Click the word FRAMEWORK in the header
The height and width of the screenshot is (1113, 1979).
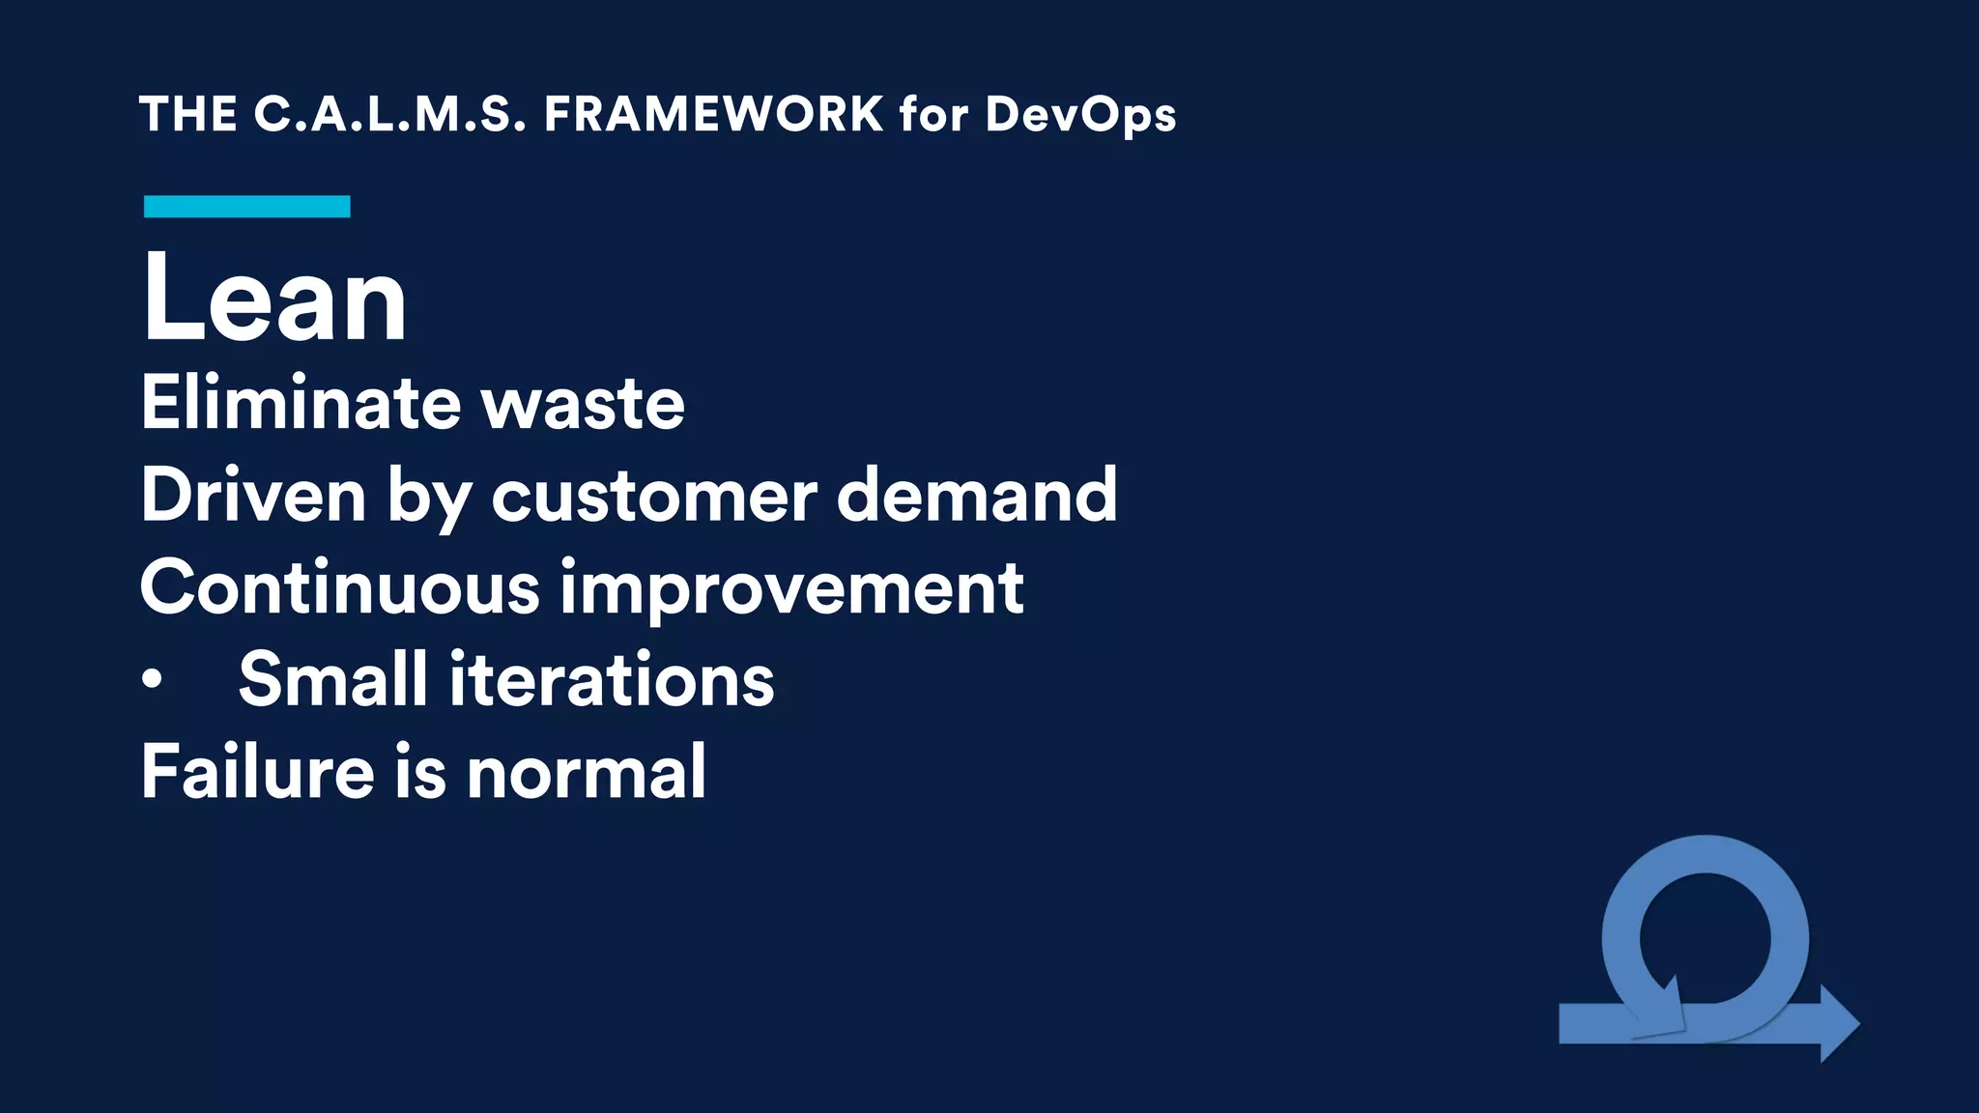(713, 114)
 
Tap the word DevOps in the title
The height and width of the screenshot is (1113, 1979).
(1080, 116)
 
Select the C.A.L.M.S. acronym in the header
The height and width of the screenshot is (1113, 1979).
(390, 114)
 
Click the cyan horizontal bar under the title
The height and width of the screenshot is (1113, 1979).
(246, 206)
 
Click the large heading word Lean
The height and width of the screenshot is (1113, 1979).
(274, 299)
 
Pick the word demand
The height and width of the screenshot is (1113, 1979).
(976, 495)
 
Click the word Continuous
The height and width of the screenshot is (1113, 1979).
(339, 587)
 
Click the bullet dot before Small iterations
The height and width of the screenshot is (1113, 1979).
(152, 680)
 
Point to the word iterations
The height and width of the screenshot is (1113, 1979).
(612, 680)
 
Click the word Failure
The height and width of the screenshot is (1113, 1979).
(257, 772)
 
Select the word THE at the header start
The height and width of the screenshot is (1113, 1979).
(188, 114)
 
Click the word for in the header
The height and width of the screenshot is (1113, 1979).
(933, 114)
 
